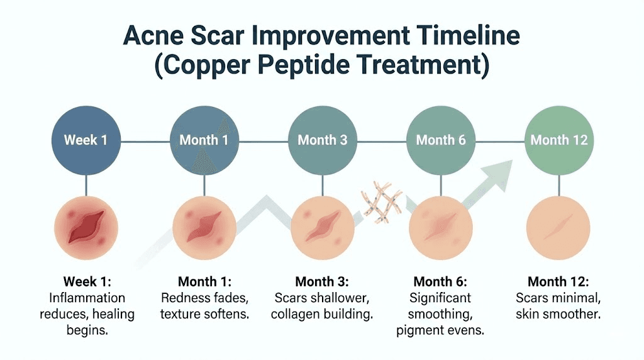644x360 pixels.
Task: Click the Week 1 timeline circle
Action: tap(86, 139)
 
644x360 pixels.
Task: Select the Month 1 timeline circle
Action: tap(204, 139)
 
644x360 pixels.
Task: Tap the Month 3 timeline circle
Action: tap(322, 139)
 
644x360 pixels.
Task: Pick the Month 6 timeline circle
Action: tap(441, 139)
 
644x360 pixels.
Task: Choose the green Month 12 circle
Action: tap(558, 139)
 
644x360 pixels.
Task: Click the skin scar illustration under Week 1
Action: tap(86, 227)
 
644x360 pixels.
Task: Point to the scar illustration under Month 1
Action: tap(204, 227)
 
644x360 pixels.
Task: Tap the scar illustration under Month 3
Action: tap(322, 227)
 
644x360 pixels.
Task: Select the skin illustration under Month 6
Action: tap(441, 227)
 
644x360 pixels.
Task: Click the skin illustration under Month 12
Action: tap(558, 227)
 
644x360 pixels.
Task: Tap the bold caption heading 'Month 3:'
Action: tap(321, 281)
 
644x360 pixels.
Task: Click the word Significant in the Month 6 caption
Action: tap(440, 298)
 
